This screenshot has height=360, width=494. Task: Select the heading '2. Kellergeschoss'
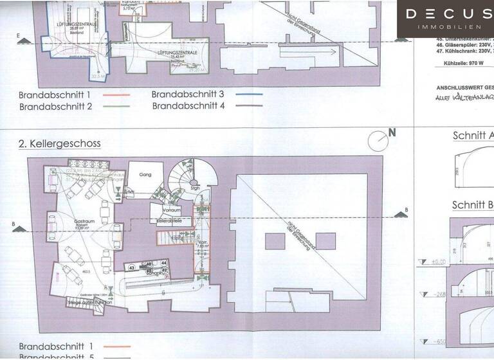click(60, 143)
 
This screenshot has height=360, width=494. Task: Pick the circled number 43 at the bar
click(131, 267)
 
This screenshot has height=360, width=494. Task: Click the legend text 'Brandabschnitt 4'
click(188, 105)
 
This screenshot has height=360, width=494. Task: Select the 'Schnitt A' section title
click(473, 136)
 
